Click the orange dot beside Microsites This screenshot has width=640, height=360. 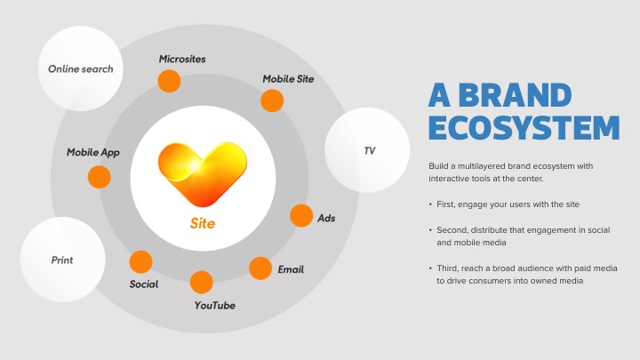[x=170, y=81]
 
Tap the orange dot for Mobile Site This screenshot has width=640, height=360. [x=272, y=100]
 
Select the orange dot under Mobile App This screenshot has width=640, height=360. [x=100, y=177]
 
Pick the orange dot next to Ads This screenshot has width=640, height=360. [x=301, y=215]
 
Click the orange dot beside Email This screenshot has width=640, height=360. [x=260, y=268]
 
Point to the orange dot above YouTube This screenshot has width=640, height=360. [x=202, y=282]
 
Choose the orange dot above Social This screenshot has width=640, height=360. [x=140, y=261]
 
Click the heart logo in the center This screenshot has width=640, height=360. [x=203, y=174]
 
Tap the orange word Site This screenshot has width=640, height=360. [x=203, y=223]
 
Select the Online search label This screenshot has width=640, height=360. [x=80, y=69]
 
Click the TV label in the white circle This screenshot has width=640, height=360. [x=370, y=151]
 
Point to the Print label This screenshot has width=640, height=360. [x=62, y=260]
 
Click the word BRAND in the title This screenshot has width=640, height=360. [x=515, y=95]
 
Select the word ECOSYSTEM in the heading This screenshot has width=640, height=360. [x=524, y=128]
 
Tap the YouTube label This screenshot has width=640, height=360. [x=215, y=305]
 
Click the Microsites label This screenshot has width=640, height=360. [x=182, y=59]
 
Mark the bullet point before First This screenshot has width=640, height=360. [x=430, y=204]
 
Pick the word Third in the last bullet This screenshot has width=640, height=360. [x=447, y=268]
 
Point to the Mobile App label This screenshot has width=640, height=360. [x=93, y=153]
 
